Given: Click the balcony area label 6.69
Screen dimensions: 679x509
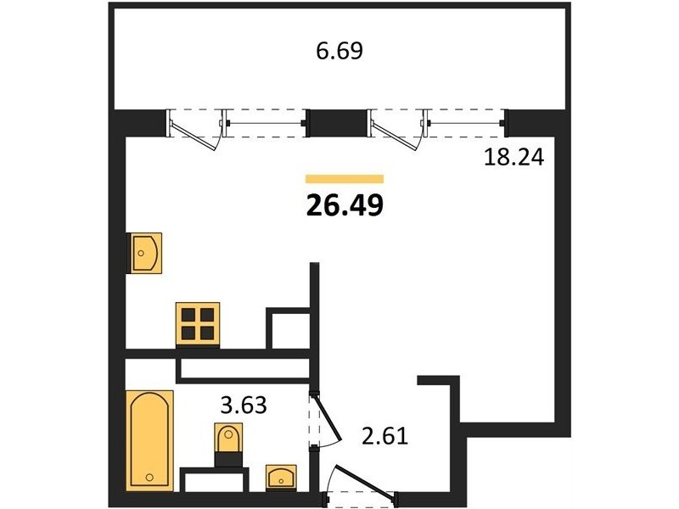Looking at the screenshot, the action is (339, 51).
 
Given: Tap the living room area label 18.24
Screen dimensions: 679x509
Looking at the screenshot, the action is (513, 158).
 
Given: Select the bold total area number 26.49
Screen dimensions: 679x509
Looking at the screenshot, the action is (345, 205).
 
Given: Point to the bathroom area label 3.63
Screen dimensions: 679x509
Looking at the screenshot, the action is (244, 406).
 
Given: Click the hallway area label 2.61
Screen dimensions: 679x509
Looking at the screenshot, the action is (385, 436).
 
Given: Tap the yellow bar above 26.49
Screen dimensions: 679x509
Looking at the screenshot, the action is (345, 179).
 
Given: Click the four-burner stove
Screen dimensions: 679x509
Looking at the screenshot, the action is (198, 325).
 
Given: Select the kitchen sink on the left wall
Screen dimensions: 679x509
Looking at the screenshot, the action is (144, 253).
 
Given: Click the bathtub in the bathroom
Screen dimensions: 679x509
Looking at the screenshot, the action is (149, 440).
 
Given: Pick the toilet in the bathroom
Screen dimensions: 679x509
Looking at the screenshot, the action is (228, 445).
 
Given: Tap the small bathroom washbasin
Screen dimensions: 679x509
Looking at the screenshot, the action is (281, 478).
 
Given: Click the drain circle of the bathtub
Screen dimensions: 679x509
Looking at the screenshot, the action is (149, 478).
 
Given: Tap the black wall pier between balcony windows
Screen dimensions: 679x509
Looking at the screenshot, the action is (337, 122).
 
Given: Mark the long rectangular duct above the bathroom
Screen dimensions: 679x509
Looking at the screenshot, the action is (244, 368).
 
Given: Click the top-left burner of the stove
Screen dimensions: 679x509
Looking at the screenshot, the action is (188, 315).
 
